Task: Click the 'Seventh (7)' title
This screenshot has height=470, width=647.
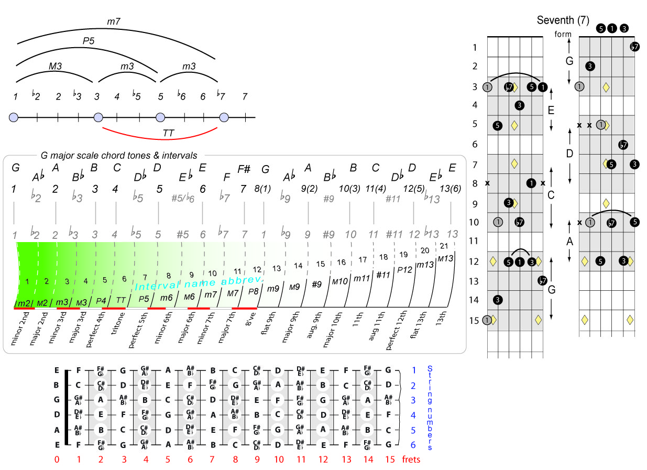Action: point(563,20)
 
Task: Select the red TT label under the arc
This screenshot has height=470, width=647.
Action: point(168,133)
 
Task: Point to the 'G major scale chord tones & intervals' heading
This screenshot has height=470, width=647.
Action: point(119,155)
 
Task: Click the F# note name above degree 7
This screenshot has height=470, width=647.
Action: point(244,169)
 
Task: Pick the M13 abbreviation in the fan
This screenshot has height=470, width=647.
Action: point(445,259)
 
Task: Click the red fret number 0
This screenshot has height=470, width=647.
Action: point(57,460)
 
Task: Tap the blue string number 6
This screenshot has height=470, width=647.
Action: point(414,445)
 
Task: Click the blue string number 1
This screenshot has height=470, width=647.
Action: point(414,370)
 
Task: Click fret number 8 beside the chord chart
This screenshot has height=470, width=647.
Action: point(474,183)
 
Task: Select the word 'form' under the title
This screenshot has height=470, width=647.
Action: point(562,35)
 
